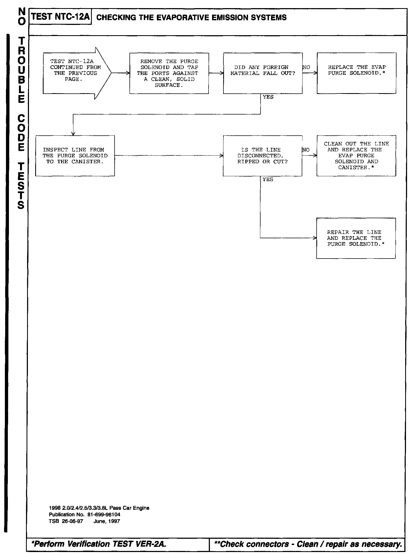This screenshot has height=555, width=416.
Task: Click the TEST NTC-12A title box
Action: [60, 17]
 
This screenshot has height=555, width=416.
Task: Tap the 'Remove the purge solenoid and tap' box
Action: [169, 73]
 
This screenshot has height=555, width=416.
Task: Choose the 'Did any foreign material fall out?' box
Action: [263, 73]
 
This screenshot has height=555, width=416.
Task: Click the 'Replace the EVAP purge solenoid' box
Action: [356, 73]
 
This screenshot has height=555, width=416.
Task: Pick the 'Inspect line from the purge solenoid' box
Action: [75, 156]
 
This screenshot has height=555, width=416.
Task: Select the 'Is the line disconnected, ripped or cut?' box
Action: [262, 156]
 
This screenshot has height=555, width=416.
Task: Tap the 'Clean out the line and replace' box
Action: [356, 156]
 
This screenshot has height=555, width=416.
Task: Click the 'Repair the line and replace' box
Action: [356, 238]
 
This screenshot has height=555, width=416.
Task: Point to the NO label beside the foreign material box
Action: [306, 67]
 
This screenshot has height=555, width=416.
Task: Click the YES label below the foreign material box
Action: [268, 97]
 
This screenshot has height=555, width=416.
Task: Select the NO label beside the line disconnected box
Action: [306, 150]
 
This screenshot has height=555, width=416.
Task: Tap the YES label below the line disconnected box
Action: [268, 179]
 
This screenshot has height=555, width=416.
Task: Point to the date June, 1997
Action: [106, 521]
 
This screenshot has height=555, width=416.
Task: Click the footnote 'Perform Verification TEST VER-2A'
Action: [99, 544]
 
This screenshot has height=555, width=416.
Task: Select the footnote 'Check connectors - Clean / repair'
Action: [308, 544]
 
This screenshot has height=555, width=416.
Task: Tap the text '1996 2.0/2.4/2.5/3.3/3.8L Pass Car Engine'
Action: [99, 508]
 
